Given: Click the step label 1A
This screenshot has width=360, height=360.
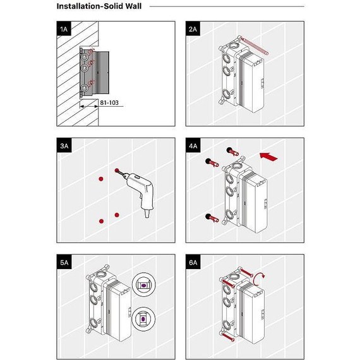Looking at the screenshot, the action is (64, 29).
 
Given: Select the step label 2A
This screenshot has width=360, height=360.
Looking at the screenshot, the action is (193, 29).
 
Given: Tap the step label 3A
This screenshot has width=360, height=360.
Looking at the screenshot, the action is (64, 145).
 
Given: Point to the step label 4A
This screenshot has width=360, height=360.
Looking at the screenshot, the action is (193, 145).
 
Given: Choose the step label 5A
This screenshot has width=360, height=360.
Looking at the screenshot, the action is (64, 262).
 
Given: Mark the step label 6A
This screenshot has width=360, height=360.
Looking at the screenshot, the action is (193, 262).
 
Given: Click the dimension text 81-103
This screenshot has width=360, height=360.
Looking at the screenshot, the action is (109, 102).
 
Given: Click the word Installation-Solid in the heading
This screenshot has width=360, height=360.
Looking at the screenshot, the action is (89, 6).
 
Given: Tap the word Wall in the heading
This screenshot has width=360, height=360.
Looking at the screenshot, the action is (133, 6).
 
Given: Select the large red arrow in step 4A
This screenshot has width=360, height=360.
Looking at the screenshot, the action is (268, 157).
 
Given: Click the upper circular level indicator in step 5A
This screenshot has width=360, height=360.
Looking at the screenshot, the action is (143, 284).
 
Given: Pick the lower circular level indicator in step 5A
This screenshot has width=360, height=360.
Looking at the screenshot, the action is (143, 319).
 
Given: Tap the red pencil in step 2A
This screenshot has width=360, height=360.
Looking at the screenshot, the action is (255, 47).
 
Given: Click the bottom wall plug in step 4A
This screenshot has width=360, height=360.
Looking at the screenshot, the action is (212, 218).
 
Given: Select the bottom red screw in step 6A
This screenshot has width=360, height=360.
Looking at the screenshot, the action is (228, 337).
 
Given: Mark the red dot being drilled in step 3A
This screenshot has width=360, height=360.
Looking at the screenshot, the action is (117, 171).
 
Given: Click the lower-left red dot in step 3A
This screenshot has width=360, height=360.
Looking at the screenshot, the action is (101, 221).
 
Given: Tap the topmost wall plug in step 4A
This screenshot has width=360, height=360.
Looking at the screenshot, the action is (233, 152).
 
